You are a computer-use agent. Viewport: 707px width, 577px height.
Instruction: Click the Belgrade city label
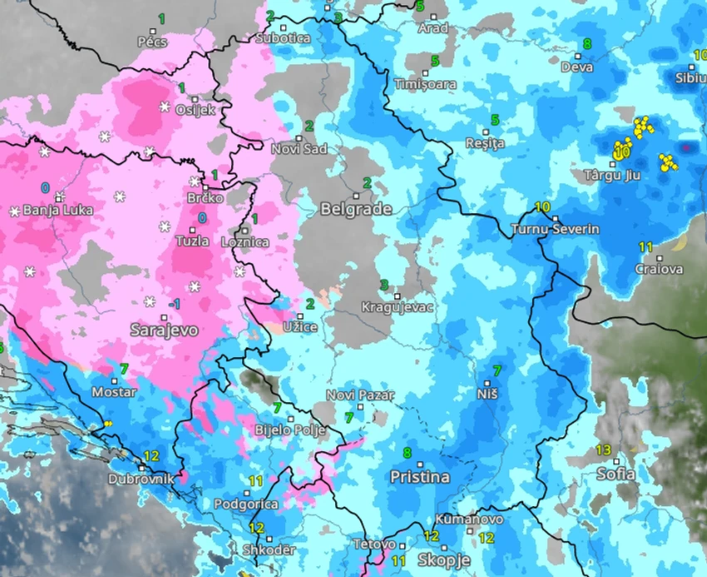click(356, 209)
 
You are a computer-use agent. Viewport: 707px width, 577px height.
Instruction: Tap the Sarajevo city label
click(164, 330)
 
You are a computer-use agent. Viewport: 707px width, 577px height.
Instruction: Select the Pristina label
click(419, 477)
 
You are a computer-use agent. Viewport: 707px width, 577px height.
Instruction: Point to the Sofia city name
click(616, 474)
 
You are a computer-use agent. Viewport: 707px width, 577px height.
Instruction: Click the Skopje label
click(443, 560)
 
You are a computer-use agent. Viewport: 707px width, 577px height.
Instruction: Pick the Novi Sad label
click(299, 149)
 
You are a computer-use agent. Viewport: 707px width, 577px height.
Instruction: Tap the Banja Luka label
click(57, 211)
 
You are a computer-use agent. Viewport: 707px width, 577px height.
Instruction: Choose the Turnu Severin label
click(555, 229)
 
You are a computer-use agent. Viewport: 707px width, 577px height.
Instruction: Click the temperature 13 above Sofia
click(604, 450)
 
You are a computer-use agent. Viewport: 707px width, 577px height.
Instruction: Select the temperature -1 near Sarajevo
click(173, 305)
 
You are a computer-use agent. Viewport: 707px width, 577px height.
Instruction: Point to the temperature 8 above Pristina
click(407, 453)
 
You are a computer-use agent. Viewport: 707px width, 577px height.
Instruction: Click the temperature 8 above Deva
click(587, 44)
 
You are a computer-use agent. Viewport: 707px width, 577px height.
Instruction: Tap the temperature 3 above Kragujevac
click(384, 286)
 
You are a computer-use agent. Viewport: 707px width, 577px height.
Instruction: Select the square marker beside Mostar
click(112, 381)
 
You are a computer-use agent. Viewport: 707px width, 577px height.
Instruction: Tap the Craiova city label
click(659, 269)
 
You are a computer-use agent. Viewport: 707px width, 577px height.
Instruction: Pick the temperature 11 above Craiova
click(645, 247)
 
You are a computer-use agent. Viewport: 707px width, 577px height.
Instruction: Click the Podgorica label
click(245, 504)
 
